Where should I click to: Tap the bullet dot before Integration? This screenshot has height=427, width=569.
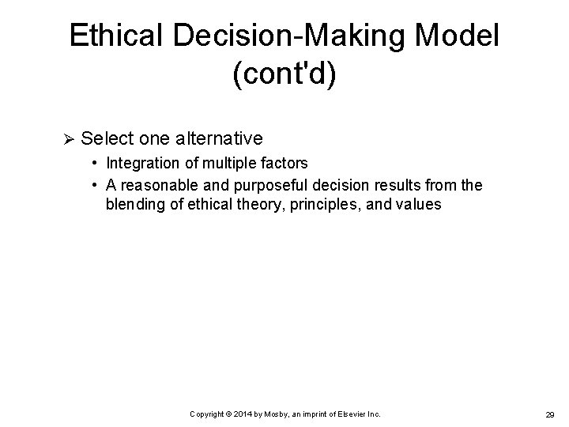coord(95,164)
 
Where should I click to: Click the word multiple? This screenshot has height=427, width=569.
coord(224,164)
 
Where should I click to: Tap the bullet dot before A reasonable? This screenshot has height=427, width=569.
coord(95,184)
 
